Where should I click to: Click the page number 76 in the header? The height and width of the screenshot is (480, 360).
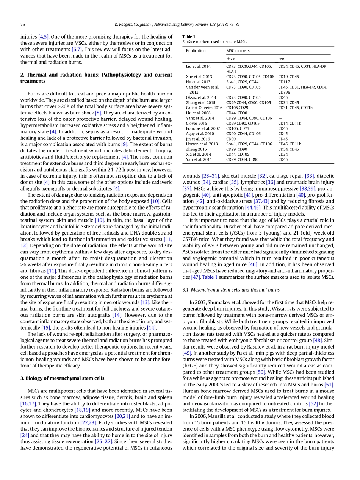click(22, 25)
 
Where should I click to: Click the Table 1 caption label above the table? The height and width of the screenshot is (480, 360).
click(189, 37)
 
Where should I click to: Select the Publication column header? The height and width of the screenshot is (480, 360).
click(196, 50)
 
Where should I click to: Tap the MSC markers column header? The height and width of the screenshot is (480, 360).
click(238, 50)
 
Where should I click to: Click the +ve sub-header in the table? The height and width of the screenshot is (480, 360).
click(230, 58)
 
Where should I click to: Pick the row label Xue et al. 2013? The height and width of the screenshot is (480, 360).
click(199, 77)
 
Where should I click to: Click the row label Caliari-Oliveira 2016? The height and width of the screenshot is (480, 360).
click(204, 108)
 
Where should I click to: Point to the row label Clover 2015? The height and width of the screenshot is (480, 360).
click(196, 123)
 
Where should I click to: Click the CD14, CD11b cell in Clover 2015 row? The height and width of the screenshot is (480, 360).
click(290, 123)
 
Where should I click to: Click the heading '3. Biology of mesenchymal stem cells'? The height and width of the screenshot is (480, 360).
click(62, 378)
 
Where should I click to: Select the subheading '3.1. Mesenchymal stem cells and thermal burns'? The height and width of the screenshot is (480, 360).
click(231, 290)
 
